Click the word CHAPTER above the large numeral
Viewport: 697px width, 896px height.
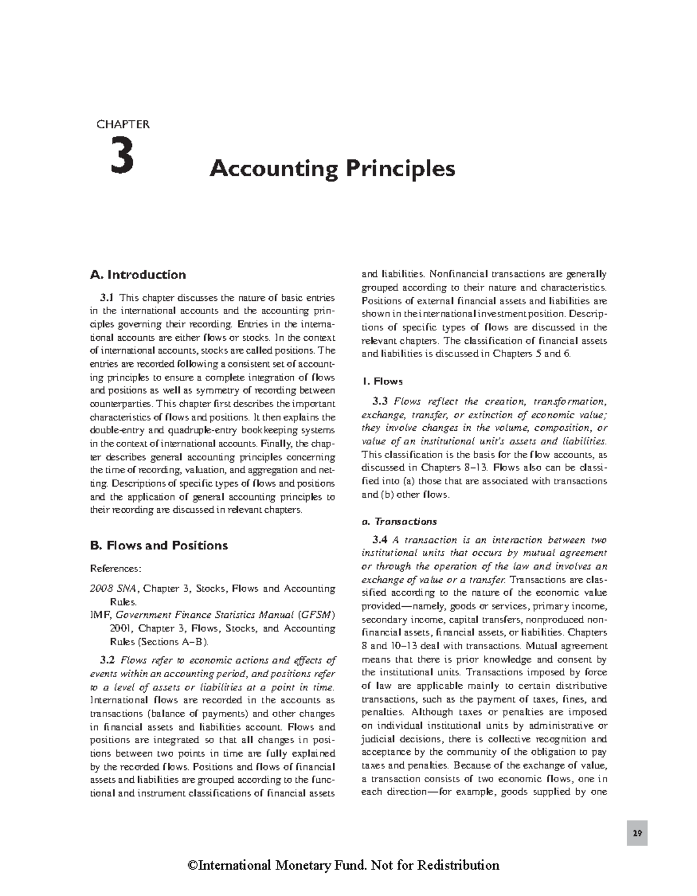[123, 124]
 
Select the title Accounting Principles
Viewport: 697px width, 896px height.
[332, 169]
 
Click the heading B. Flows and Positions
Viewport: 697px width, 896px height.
[159, 545]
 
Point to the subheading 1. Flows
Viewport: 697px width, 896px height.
[382, 382]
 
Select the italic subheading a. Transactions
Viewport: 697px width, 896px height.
[399, 521]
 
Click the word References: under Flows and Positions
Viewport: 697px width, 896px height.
[116, 568]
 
